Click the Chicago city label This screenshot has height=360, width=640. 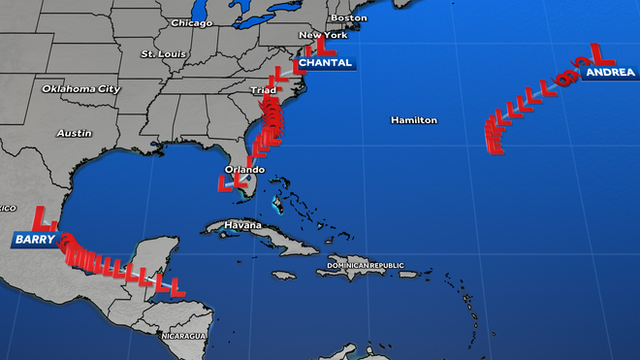click(x=191, y=22)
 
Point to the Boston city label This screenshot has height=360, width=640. click(x=349, y=17)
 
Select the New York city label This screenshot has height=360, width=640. click(x=323, y=35)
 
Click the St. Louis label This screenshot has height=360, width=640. click(x=161, y=53)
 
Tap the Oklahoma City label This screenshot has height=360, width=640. click(x=80, y=88)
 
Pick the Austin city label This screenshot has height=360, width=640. click(x=74, y=133)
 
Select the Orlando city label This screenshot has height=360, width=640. click(x=243, y=170)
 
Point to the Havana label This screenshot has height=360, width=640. click(x=243, y=225)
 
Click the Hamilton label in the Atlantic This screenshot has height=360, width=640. click(x=414, y=120)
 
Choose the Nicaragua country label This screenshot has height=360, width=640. click(x=183, y=336)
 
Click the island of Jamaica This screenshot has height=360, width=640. click(x=282, y=276)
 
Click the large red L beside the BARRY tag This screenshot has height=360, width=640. click(x=40, y=216)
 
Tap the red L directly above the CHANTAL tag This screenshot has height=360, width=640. click(x=315, y=45)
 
